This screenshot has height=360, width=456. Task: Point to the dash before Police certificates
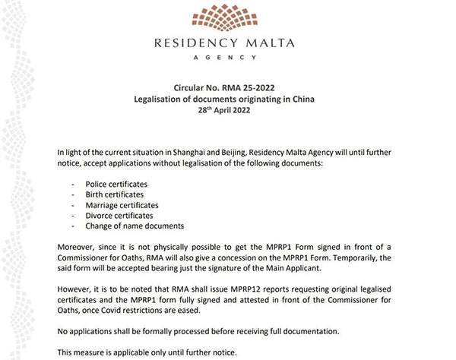pyautogui.click(x=73, y=185)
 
